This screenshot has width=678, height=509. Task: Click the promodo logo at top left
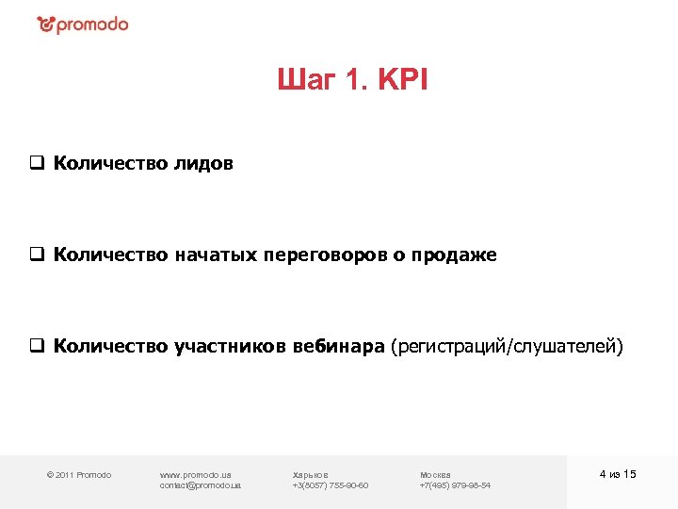click(x=82, y=25)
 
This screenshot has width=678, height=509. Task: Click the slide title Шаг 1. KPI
click(x=352, y=81)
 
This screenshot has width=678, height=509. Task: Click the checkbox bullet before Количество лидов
click(x=36, y=164)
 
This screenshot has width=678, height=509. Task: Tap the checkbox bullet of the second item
click(x=36, y=255)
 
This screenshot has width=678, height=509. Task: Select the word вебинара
click(x=344, y=347)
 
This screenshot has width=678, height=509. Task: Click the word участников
click(x=232, y=347)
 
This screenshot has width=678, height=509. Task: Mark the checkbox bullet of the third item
click(x=36, y=347)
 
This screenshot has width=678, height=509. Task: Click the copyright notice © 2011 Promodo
click(x=79, y=474)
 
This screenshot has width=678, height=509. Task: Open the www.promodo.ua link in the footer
click(x=196, y=474)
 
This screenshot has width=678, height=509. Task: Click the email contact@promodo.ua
click(x=201, y=485)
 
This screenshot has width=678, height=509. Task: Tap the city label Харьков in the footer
click(x=311, y=474)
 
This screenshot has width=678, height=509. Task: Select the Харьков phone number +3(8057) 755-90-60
click(x=331, y=485)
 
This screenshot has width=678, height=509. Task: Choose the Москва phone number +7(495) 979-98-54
click(x=455, y=485)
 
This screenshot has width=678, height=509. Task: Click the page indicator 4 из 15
click(x=618, y=473)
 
